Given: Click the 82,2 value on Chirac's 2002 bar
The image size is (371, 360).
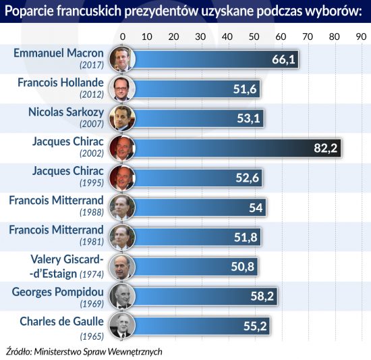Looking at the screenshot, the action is pyautogui.click(x=325, y=149).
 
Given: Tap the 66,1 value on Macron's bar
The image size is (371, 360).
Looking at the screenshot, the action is pyautogui.click(x=283, y=59).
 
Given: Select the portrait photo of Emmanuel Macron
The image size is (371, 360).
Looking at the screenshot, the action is pyautogui.click(x=122, y=59).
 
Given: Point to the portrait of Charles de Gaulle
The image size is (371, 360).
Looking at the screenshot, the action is pyautogui.click(x=122, y=326).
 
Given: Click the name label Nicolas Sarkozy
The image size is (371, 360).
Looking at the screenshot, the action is pyautogui.click(x=66, y=112).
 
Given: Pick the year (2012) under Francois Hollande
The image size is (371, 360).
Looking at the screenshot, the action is pyautogui.click(x=92, y=95).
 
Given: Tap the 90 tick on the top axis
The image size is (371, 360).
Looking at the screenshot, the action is pyautogui.click(x=361, y=36).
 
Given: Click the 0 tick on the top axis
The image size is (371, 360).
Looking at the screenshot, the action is pyautogui.click(x=123, y=36).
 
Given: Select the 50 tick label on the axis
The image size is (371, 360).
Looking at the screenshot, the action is pyautogui.click(x=254, y=36).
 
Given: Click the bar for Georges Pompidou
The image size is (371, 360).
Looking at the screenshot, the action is pyautogui.click(x=205, y=296).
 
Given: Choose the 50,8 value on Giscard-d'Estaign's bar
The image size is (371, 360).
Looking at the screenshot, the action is pyautogui.click(x=243, y=267).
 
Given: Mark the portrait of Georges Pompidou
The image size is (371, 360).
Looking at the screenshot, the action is pyautogui.click(x=122, y=296).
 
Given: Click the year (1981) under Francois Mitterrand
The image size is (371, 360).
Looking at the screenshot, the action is pyautogui.click(x=92, y=242).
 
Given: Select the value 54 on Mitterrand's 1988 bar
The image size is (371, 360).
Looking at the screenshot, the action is pyautogui.click(x=256, y=208).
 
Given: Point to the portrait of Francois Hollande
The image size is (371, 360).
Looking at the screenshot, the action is pyautogui.click(x=122, y=88).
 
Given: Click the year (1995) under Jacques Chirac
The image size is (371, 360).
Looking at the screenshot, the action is pyautogui.click(x=92, y=183).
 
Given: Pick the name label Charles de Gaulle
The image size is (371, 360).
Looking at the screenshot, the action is pyautogui.click(x=62, y=322).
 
